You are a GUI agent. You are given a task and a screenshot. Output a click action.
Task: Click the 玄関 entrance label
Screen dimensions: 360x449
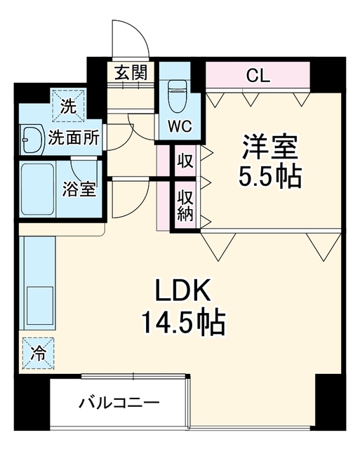pos(131,72)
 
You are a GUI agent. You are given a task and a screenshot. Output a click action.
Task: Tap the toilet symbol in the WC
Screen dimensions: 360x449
pos(176,96)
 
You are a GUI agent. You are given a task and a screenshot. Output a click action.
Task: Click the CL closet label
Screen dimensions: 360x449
pos(258,76)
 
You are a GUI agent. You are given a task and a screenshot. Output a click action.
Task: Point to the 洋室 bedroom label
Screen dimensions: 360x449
pos(270,147)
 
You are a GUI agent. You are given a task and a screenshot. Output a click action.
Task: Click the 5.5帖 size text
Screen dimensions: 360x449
pos(270,176)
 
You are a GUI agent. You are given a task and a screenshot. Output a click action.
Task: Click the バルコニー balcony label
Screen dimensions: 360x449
pos(119,403)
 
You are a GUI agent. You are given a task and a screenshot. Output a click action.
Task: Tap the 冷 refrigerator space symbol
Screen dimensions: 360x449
pos(39,354)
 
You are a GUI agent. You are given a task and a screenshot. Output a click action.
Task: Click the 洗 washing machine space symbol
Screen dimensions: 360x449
pos(69,105)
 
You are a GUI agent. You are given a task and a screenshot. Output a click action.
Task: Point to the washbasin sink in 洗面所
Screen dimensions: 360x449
pos(32,139)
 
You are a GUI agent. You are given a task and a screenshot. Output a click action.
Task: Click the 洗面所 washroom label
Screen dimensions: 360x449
pos(74,138)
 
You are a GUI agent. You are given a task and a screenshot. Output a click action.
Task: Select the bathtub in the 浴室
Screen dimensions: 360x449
pos(38,189)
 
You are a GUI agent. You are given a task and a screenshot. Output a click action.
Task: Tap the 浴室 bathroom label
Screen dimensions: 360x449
pos(79,189)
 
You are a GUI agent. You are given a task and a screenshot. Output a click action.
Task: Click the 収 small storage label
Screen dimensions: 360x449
pos(185,161)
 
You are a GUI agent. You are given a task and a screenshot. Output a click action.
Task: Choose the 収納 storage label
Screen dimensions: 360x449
pos(185,205)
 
